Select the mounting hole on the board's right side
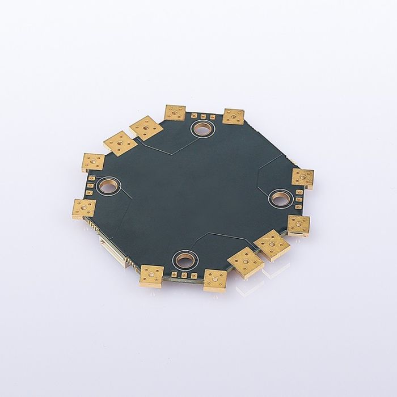point(280,198)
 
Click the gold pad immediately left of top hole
point(175,112)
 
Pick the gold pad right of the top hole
point(233,116)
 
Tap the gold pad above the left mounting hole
point(93,162)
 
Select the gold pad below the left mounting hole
point(84,208)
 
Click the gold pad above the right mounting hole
point(302,177)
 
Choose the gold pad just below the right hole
point(298,225)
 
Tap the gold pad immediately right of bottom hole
point(216,278)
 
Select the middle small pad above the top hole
point(203,116)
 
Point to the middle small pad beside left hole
point(90,185)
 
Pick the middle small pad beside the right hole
point(298,200)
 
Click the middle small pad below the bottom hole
point(183,276)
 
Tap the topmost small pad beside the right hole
point(299,193)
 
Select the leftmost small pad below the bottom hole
point(174,276)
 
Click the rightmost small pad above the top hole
point(212,117)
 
